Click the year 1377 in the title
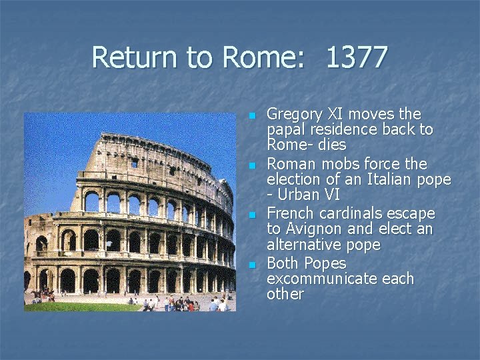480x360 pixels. click(357, 57)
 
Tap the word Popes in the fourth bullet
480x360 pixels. click(325, 263)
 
